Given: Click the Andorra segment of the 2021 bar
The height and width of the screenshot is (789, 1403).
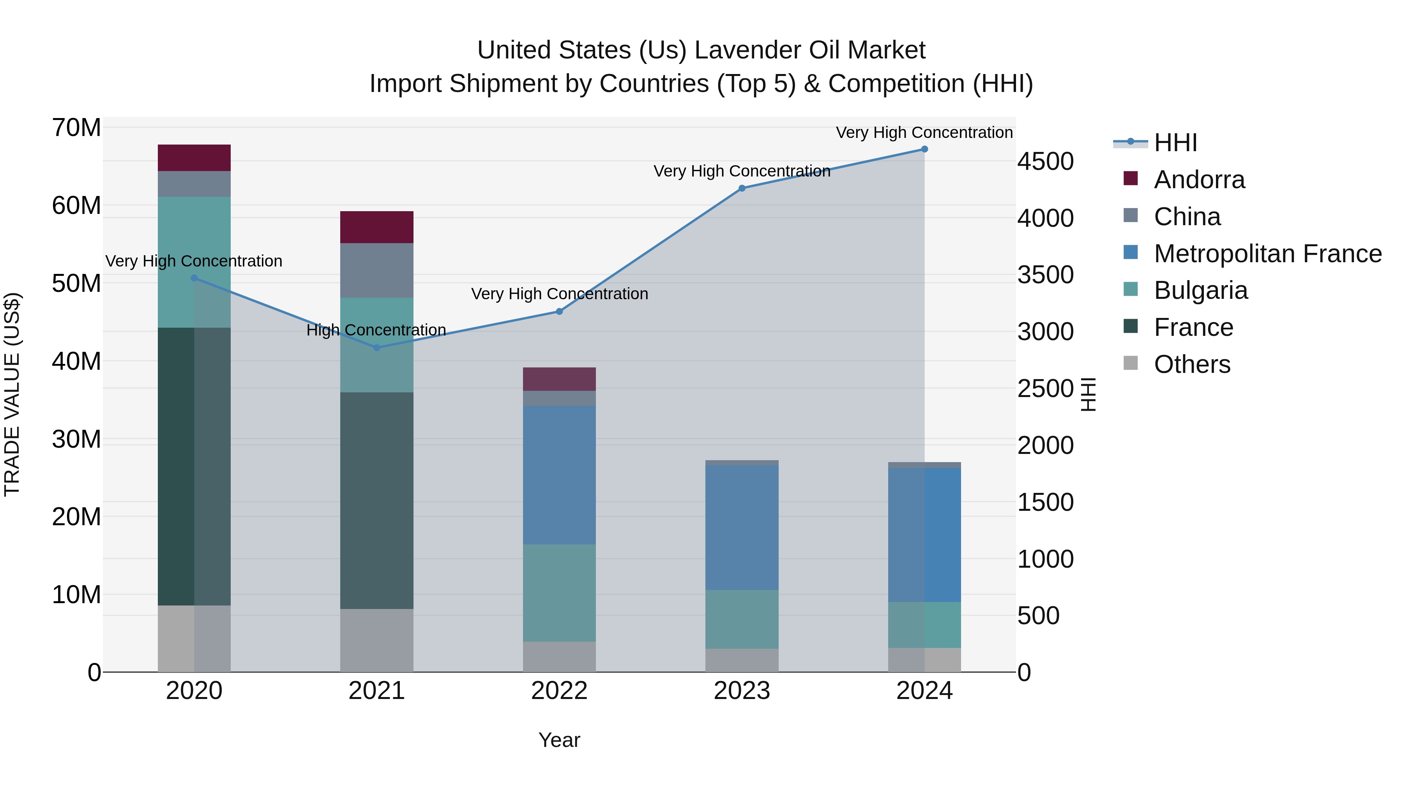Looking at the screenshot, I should coord(376,227).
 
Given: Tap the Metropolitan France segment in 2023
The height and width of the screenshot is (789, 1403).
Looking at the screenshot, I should coord(741,527).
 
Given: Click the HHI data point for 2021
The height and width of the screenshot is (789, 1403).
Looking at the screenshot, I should coord(376,348).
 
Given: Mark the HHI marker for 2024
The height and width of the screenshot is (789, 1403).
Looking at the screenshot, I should coord(924,149).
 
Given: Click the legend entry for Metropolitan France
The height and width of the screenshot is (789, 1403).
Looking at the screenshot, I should coord(1267,254).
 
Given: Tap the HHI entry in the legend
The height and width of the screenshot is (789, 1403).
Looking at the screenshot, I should coord(1175,143).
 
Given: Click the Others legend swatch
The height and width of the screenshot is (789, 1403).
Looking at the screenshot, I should coord(1131,363).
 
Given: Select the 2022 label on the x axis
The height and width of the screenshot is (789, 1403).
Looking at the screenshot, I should coord(559,691).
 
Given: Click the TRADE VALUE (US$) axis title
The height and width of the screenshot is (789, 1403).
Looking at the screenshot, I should coord(12,394).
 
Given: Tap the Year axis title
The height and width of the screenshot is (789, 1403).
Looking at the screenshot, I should coord(559,740).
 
